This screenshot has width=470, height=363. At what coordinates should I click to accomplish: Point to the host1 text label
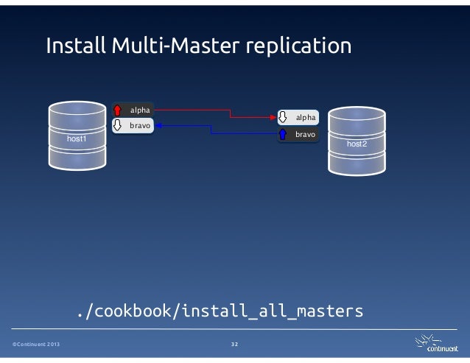point(76,138)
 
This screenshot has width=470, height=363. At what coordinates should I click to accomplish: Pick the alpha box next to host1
point(132,110)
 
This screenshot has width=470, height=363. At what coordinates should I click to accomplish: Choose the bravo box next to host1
point(132,126)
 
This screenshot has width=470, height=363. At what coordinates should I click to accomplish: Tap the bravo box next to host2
point(298,135)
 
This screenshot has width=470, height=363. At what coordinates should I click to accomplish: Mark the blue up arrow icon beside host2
point(284,135)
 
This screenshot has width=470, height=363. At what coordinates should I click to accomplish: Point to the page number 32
point(234,345)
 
